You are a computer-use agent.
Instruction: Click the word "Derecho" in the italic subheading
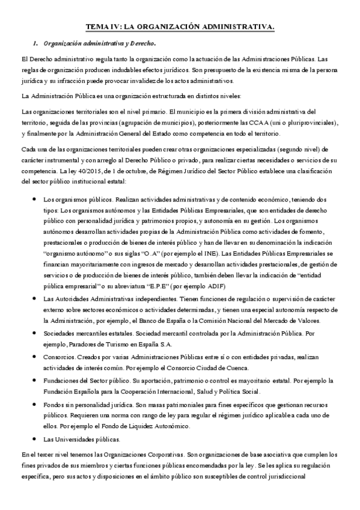point(143,43)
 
